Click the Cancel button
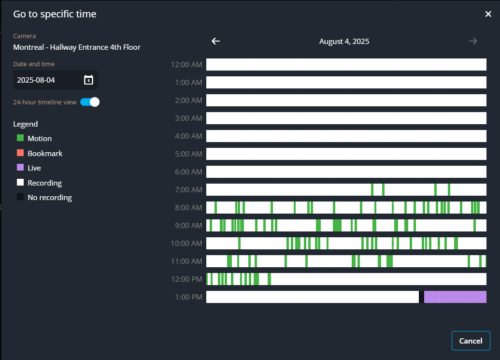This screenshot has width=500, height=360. point(471,341)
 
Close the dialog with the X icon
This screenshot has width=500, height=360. point(488,14)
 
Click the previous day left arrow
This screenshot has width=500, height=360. point(216,41)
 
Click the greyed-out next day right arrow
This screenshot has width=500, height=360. point(472,41)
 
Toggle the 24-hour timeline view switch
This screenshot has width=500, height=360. point(90,102)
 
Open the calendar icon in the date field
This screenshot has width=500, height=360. point(88,80)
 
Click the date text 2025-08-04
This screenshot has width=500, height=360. point(36,80)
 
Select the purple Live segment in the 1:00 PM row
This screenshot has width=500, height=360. point(455,297)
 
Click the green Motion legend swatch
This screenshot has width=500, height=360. point(20,138)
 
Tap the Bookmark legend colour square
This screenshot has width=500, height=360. point(20,153)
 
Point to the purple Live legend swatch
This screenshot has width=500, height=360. point(20,168)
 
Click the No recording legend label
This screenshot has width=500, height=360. point(50,198)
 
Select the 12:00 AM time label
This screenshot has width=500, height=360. point(186,65)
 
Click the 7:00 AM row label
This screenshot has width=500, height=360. point(188,190)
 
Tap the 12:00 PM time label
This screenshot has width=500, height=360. point(186,279)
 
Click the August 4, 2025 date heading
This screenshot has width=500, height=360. point(344,42)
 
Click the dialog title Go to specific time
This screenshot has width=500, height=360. point(55,14)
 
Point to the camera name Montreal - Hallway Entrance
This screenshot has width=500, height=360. point(77,47)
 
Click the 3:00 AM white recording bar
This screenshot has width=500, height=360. point(346,118)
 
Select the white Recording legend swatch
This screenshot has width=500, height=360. point(20,183)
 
